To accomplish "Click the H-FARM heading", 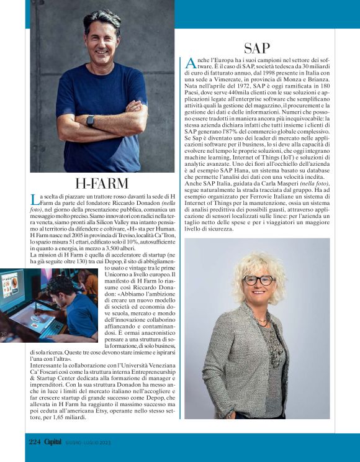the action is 102,183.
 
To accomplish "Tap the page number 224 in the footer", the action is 35,442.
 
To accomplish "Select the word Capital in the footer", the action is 53,442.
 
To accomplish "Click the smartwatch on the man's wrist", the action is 91,120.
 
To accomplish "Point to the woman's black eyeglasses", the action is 258,280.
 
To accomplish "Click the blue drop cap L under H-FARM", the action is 34,199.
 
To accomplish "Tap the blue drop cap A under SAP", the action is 191,63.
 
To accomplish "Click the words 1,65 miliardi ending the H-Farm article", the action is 71,419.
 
